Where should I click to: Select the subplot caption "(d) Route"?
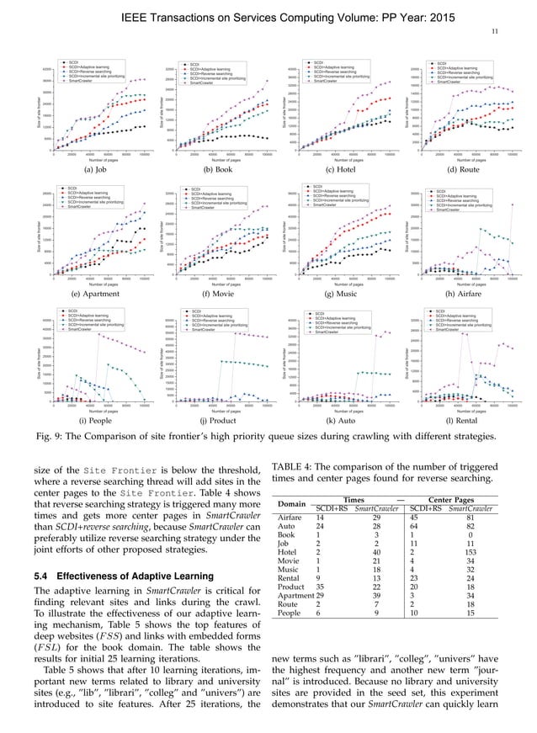coord(464,169)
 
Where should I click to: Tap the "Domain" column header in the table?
coord(290,504)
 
